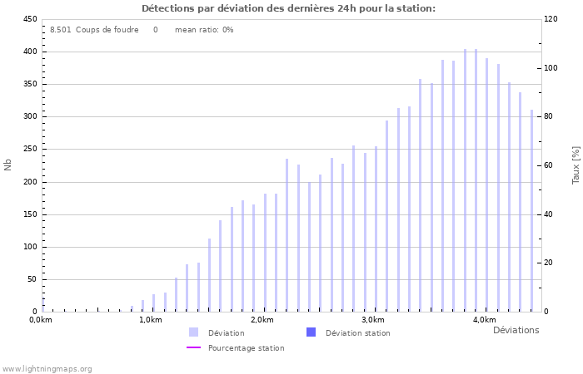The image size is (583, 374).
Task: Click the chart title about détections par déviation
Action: (288, 8)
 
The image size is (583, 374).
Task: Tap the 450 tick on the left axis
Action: (29, 19)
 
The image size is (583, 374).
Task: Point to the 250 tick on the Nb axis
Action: (29, 150)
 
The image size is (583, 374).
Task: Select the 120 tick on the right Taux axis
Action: (551, 19)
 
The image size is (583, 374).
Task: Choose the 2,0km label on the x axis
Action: (262, 320)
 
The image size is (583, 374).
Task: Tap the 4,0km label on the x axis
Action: (484, 320)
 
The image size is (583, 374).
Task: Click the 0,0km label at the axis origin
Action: (41, 320)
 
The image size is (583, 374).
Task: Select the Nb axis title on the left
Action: (8, 165)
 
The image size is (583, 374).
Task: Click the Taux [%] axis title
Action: (576, 165)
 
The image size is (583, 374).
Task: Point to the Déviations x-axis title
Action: (516, 331)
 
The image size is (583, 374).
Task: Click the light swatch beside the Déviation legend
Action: (194, 332)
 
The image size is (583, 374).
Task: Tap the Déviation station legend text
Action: (357, 333)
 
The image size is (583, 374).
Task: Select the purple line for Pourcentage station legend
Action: (194, 348)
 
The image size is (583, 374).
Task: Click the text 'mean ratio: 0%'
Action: (204, 30)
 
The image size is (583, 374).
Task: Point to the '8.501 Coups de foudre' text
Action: (94, 30)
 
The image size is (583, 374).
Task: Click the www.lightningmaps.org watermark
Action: (47, 369)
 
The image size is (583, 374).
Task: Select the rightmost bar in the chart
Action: (531, 210)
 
